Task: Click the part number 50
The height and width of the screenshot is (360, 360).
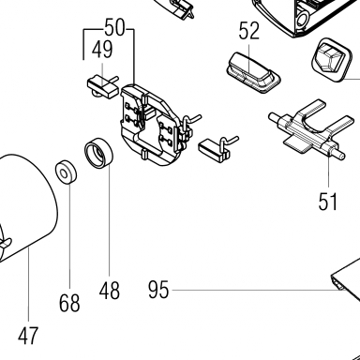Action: click(114, 27)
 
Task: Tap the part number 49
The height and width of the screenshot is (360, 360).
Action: click(102, 50)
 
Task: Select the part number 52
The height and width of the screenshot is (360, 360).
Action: click(249, 31)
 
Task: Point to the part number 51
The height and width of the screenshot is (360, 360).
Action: click(328, 202)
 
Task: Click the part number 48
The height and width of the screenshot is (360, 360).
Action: click(110, 291)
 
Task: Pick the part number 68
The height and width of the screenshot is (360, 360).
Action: click(69, 303)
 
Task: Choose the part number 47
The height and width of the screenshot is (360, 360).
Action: click(28, 336)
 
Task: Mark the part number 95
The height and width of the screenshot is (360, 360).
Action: click(158, 290)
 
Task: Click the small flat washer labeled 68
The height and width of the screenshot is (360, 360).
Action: click(67, 172)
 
